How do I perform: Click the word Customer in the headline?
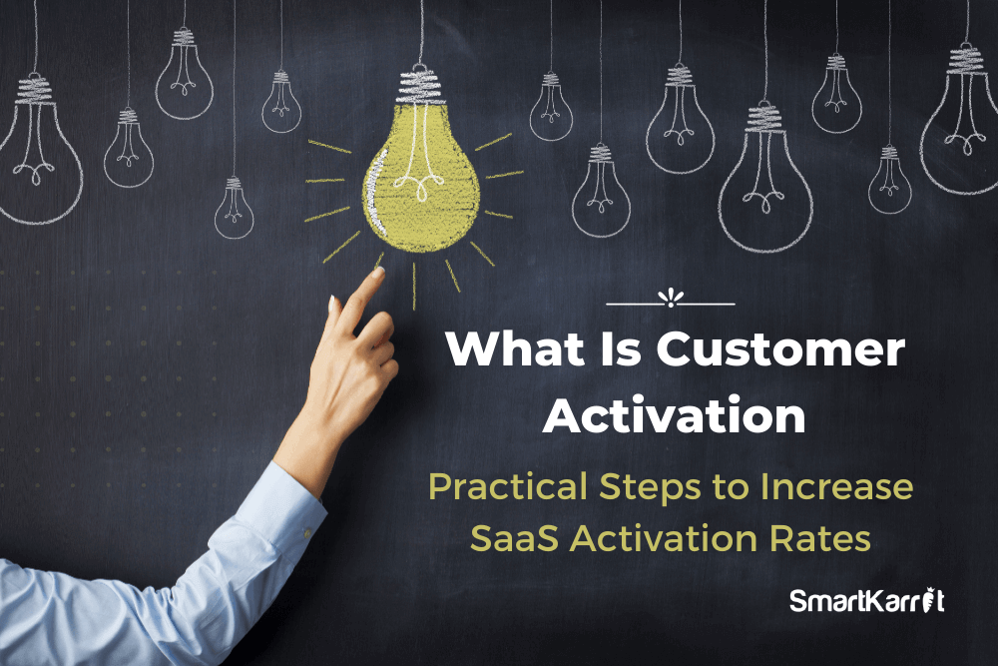780,348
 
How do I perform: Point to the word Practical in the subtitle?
508,486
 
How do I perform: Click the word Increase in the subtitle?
837,486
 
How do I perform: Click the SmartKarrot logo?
867,600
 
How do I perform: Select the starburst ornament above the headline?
671,298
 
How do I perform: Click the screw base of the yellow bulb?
419,87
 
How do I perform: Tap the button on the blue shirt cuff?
306,532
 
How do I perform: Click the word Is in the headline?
620,348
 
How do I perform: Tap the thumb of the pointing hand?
331,319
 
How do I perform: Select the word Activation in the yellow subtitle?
664,538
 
